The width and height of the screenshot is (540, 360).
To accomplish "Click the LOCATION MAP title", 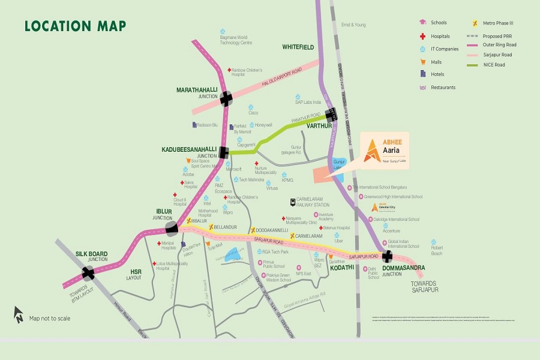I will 75,26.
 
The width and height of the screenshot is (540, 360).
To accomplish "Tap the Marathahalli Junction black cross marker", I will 226,98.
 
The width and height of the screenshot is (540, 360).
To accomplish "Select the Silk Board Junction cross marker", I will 89,273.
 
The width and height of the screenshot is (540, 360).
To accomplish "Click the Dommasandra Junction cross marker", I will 387,256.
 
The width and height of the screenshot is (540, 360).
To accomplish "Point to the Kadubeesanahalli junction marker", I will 224,152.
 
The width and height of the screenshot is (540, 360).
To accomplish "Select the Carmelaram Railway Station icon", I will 292,202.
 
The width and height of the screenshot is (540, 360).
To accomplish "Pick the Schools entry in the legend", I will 434,23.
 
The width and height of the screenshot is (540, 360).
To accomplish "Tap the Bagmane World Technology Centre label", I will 235,40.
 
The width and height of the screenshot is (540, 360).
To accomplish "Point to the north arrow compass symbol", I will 19,314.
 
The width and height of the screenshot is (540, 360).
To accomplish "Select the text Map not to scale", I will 50,318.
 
